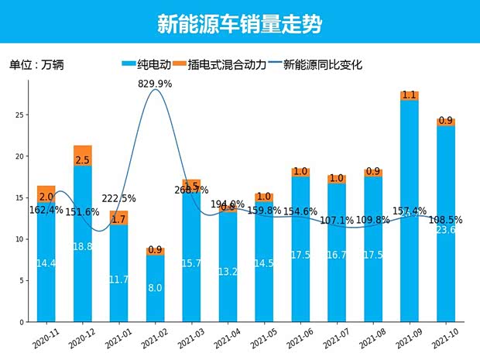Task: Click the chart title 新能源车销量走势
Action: coord(239,23)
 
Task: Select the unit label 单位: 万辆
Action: coord(36,65)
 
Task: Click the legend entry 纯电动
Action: coord(147,65)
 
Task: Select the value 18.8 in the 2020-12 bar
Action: coord(82,245)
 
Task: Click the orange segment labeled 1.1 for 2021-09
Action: coord(410,95)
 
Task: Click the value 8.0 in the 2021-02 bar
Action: coord(155,288)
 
